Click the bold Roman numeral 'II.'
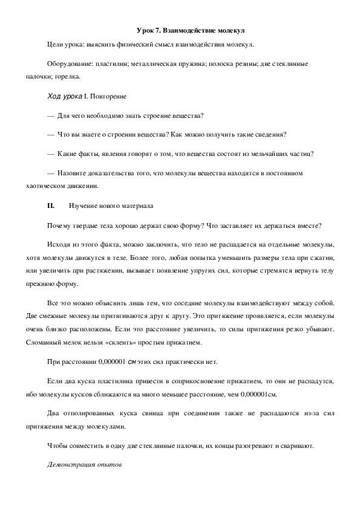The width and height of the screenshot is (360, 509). (51, 206)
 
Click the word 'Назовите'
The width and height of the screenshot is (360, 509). (73, 173)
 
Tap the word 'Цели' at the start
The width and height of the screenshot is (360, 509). (56, 45)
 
